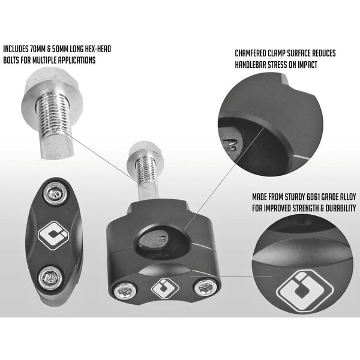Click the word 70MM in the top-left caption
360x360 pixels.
(36, 49)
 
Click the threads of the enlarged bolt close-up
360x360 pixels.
(55, 115)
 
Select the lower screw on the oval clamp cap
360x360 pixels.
(50, 278)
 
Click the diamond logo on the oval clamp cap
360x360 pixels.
(53, 236)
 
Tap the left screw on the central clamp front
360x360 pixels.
(125, 290)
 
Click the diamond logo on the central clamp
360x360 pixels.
(165, 289)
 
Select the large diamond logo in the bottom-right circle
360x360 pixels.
(305, 291)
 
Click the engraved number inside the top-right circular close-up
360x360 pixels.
(230, 145)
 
